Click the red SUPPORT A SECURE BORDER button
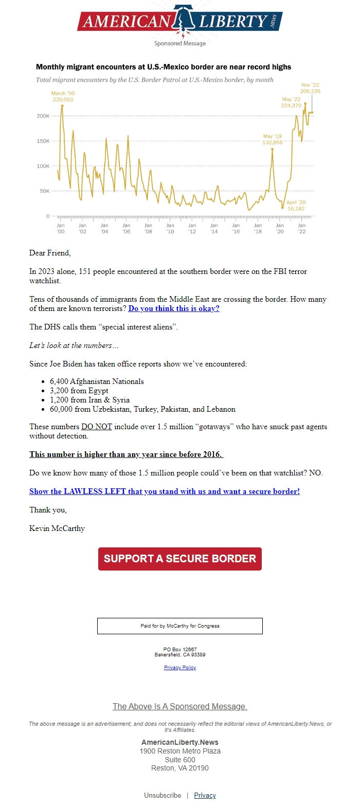click(x=179, y=559)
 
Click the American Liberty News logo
click(x=179, y=21)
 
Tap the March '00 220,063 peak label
click(x=63, y=97)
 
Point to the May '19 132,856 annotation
click(x=272, y=139)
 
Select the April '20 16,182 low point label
click(x=296, y=206)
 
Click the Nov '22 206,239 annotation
click(x=310, y=88)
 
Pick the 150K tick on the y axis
click(x=43, y=141)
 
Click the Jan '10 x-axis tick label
click(x=170, y=228)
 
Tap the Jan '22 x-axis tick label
click(x=302, y=228)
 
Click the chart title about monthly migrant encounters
click(x=163, y=67)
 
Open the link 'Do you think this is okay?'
click(x=174, y=308)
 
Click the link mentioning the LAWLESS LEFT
click(x=164, y=491)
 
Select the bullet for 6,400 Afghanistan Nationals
click(x=97, y=381)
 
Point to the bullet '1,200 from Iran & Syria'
click(x=89, y=400)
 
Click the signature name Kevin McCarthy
click(x=57, y=528)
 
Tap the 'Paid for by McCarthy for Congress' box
click(x=179, y=626)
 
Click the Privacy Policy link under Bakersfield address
click(x=179, y=668)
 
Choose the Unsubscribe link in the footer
click(x=163, y=795)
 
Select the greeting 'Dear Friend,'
click(x=50, y=253)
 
